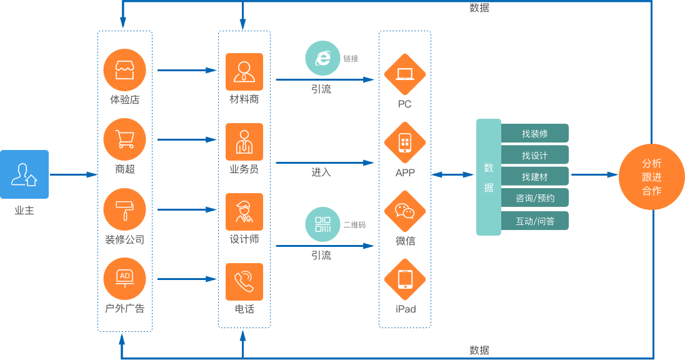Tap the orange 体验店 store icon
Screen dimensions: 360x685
coord(124,70)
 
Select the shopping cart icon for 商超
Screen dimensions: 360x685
coord(124,139)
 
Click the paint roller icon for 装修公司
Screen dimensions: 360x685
coord(124,209)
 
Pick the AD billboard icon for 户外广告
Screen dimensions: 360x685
coord(124,279)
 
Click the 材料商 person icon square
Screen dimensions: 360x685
coord(244,71)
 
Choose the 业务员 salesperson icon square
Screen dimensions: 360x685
coord(244,141)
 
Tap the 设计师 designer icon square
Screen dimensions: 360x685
coord(244,211)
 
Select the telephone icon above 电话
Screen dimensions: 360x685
coord(244,281)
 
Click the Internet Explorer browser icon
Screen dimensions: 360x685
coord(322,58)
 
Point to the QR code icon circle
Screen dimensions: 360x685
coord(322,224)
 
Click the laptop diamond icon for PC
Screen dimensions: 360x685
coord(404,74)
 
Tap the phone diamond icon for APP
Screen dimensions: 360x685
coord(404,143)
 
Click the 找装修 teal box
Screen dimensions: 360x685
coord(534,133)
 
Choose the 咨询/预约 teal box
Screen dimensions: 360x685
coord(534,198)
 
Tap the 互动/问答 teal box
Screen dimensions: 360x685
coord(534,221)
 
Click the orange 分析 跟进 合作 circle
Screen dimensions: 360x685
coord(651,177)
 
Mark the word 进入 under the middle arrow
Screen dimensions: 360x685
coord(321,172)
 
